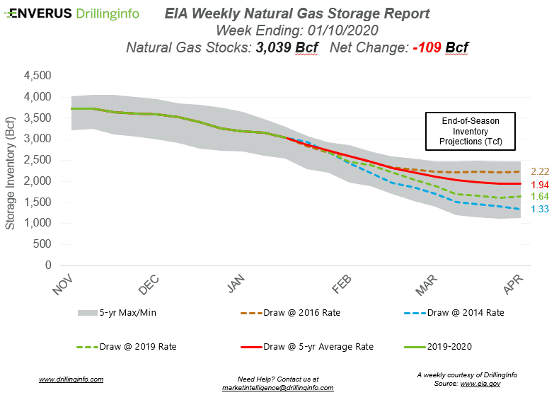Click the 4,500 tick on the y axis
pyautogui.click(x=38, y=76)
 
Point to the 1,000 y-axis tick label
pyautogui.click(x=38, y=224)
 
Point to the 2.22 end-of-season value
pyautogui.click(x=539, y=172)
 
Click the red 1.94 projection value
pyautogui.click(x=539, y=184)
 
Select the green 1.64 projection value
pyautogui.click(x=539, y=196)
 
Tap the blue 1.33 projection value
pyautogui.click(x=539, y=209)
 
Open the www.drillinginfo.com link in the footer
pyautogui.click(x=71, y=379)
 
